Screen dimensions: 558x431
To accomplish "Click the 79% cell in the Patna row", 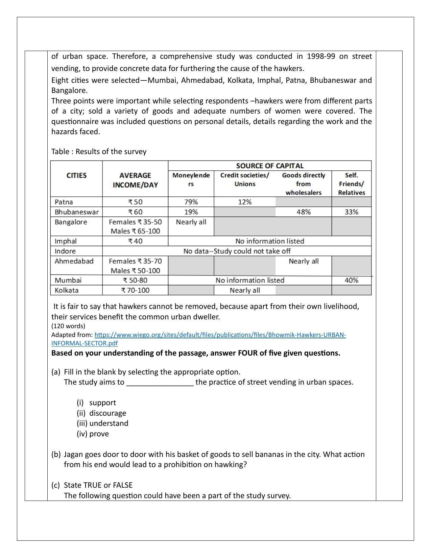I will pos(191,202).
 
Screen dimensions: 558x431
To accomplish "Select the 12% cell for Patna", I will pos(245,202).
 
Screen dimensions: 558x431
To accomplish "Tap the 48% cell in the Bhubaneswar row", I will pos(304,212).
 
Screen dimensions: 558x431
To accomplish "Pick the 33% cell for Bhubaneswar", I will pos(351,212).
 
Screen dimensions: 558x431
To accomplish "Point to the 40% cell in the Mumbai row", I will pos(351,280).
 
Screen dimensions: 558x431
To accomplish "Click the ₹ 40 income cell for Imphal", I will pos(135,241).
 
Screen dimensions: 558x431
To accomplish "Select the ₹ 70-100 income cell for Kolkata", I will pos(135,290).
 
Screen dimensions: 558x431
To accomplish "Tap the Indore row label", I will pos(65,251).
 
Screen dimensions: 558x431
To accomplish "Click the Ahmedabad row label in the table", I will pos(74,261).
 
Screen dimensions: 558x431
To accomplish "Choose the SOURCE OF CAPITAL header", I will pos(269,166).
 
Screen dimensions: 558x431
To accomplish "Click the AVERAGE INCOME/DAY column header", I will pos(135,180).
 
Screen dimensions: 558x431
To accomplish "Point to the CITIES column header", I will pos(76,175).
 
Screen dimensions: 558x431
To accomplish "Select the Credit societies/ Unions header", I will pos(245,179).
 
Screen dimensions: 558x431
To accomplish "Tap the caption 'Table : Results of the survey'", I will pos(99,151).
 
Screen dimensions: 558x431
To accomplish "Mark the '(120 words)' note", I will pos(68,326).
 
